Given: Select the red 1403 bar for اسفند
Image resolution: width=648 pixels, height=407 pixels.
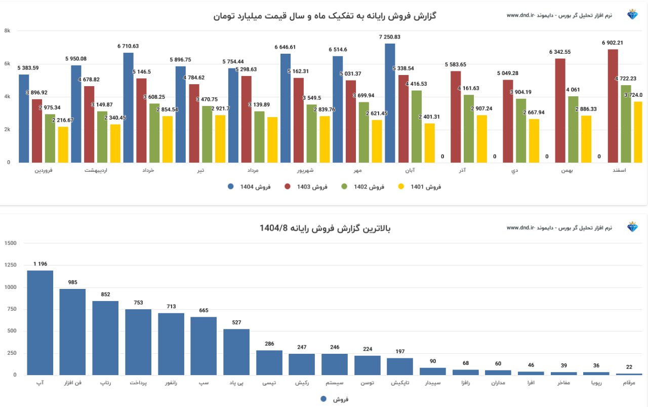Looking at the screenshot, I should point(613,106).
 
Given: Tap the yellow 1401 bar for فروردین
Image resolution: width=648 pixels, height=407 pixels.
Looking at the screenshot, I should point(63,144).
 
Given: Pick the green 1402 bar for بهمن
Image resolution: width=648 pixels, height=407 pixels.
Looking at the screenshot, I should point(573,129).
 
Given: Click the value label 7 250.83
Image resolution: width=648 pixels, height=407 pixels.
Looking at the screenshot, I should point(390,37).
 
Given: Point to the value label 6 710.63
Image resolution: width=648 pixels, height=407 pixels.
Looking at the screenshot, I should point(128,46).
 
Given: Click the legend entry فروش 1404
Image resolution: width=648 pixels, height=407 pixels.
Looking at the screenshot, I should point(249,187).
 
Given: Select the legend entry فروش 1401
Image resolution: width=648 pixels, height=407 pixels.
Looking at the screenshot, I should point(420,187).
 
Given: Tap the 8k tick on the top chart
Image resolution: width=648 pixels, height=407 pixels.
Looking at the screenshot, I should point(7,31).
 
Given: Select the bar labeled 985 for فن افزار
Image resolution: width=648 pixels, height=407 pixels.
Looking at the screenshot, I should point(73,331).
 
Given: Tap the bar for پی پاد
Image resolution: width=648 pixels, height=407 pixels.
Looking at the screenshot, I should point(236,352).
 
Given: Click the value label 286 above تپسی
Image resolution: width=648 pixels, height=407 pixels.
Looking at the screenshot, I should point(269,344).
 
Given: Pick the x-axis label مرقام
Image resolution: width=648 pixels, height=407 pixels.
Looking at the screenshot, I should point(629,383).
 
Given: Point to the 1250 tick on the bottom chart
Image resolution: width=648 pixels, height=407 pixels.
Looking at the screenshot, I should point(10,265).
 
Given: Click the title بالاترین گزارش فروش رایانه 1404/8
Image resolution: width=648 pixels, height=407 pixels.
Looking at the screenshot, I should point(325,228).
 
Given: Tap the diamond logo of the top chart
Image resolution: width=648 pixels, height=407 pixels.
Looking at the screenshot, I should point(633,15).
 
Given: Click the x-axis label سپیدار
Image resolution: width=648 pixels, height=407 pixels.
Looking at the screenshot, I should point(433,383).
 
